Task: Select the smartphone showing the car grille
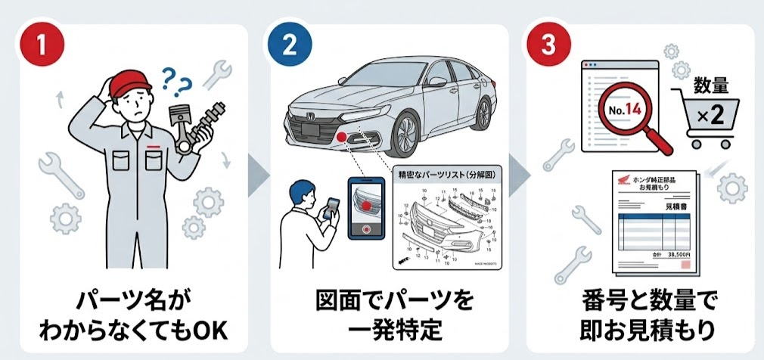[x=368, y=208]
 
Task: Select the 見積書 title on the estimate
[x=675, y=205]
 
